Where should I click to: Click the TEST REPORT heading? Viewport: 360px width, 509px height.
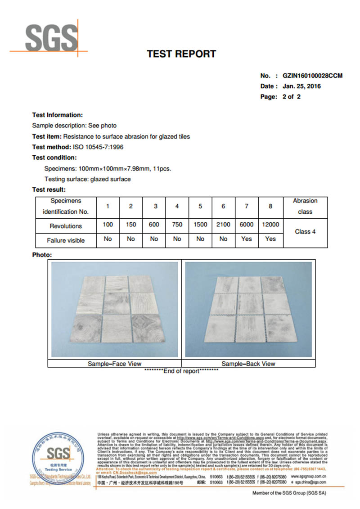pyautogui.click(x=181, y=54)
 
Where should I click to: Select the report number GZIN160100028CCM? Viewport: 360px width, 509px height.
pyautogui.click(x=312, y=76)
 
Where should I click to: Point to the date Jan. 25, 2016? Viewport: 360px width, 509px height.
pyautogui.click(x=301, y=86)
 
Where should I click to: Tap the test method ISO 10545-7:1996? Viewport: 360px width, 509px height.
pyautogui.click(x=98, y=147)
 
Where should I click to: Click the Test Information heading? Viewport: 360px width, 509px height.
pyautogui.click(x=57, y=115)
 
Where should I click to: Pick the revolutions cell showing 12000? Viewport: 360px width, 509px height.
pyautogui.click(x=270, y=225)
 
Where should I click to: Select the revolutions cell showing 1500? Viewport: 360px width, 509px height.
pyautogui.click(x=200, y=225)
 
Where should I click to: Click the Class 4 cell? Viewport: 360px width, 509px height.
pyautogui.click(x=305, y=231)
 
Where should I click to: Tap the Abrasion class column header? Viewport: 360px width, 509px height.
pyautogui.click(x=305, y=206)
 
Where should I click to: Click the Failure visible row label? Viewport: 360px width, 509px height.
pyautogui.click(x=66, y=240)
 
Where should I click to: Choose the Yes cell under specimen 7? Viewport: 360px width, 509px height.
pyautogui.click(x=247, y=239)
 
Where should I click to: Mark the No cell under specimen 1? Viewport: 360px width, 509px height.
pyautogui.click(x=108, y=239)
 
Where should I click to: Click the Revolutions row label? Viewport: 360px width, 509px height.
pyautogui.click(x=66, y=226)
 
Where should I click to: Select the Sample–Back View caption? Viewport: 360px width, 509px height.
pyautogui.click(x=248, y=364)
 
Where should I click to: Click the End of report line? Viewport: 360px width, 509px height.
pyautogui.click(x=181, y=371)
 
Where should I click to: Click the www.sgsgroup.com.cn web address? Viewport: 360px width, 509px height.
pyautogui.click(x=309, y=476)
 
